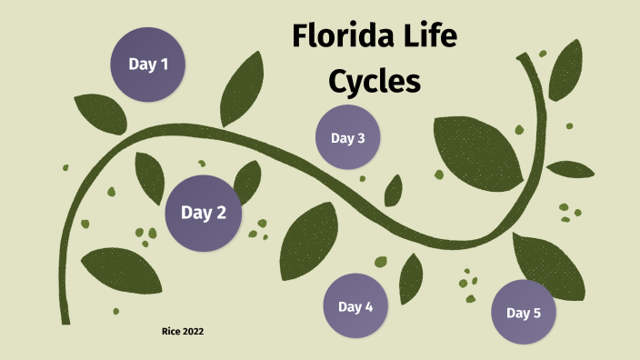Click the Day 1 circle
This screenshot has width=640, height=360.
click(148, 65)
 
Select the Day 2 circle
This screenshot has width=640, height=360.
click(204, 213)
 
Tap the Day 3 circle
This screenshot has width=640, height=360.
click(347, 138)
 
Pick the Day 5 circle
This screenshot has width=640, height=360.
click(524, 313)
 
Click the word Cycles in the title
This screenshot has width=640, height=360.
click(375, 82)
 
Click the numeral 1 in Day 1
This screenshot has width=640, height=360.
click(165, 65)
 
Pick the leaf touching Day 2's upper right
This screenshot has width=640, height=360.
click(246, 181)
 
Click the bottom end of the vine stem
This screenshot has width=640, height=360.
click(65, 318)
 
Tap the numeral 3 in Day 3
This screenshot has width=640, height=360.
click(361, 138)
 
